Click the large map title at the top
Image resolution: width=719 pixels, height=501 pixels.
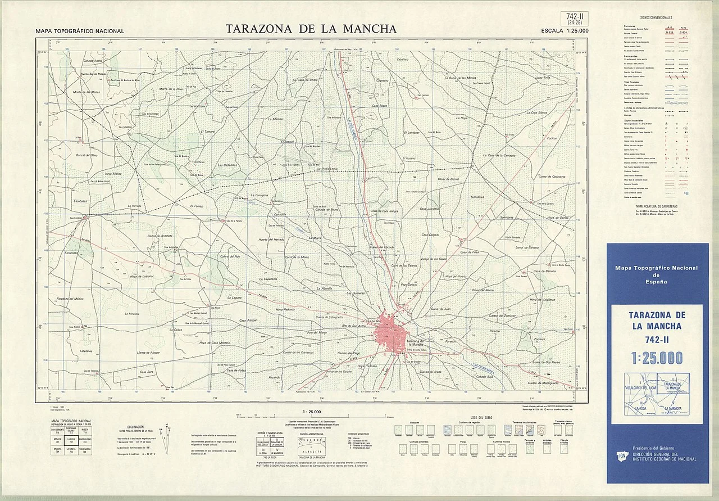point(311,29)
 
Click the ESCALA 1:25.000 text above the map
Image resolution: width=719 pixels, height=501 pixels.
point(565,31)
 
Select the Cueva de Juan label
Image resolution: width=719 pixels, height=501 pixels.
point(440,309)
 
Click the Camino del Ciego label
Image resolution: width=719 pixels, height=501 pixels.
point(348,353)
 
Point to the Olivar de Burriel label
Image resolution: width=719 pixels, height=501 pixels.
point(448,178)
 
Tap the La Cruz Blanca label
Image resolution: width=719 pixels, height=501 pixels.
point(535,112)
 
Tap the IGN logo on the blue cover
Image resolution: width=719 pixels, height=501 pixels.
point(622,455)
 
